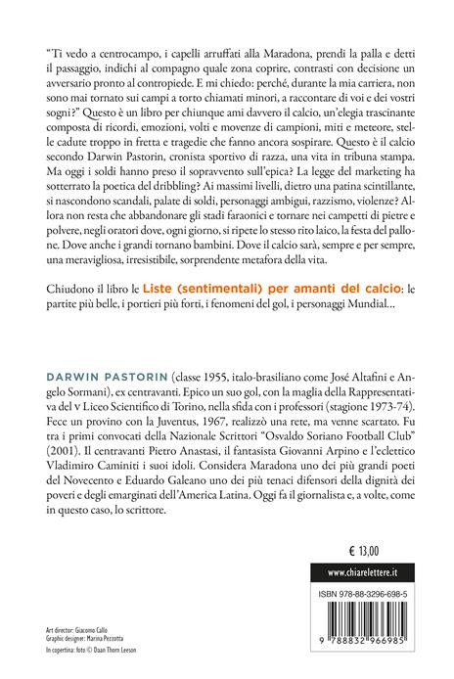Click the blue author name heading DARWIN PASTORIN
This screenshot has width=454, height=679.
coord(106,378)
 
